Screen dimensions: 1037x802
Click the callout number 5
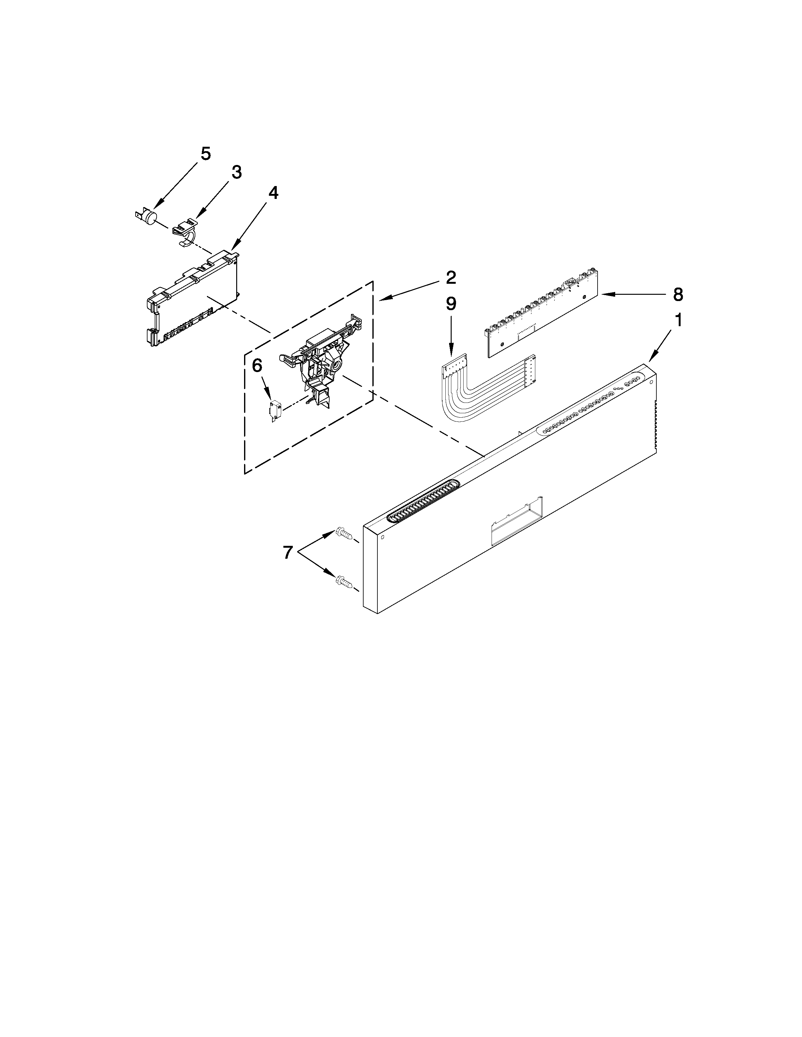[x=205, y=154]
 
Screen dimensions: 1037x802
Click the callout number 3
[x=237, y=172]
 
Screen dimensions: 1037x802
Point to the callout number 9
[x=450, y=304]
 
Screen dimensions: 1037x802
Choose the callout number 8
[x=678, y=295]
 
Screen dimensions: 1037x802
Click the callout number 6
[x=257, y=365]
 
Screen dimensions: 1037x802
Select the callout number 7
[x=287, y=552]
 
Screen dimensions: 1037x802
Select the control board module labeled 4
[x=190, y=299]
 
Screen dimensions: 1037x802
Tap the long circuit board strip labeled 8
[x=542, y=313]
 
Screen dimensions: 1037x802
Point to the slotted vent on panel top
[x=424, y=501]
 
